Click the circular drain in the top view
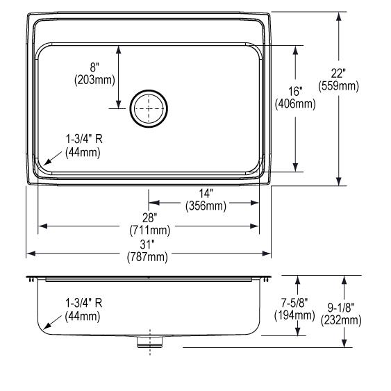point(149,108)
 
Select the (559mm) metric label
point(338,86)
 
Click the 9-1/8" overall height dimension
point(341,308)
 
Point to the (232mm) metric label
point(341,320)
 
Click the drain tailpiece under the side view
point(149,342)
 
